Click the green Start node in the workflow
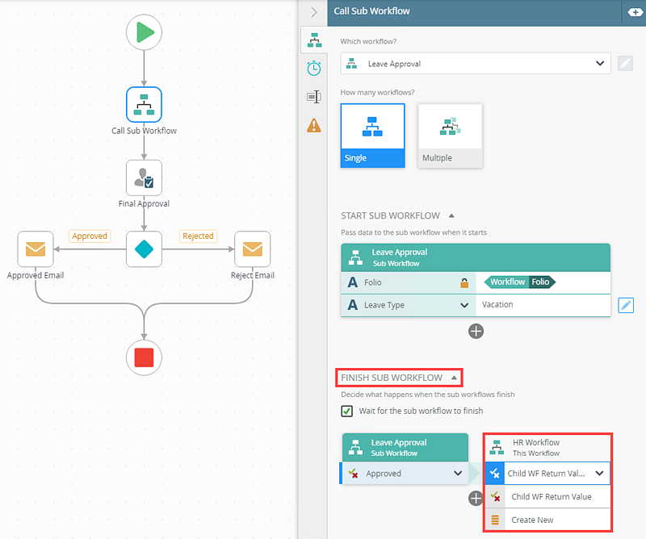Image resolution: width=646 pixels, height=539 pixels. point(145,32)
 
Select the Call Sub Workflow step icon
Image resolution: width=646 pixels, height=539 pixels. point(145,105)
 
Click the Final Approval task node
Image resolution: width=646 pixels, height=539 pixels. point(145,178)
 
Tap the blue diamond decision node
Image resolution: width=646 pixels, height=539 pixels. point(145,249)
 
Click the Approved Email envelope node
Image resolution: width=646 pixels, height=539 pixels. point(36,249)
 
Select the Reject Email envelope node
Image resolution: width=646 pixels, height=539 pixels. point(253,249)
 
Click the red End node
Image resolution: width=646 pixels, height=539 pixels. point(145,357)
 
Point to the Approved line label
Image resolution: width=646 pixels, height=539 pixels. point(90,236)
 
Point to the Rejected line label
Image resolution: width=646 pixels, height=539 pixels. point(198,236)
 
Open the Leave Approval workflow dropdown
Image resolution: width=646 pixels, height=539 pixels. point(475,64)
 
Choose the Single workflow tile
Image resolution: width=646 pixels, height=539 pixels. point(372,135)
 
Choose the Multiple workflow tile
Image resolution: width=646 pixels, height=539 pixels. point(450,135)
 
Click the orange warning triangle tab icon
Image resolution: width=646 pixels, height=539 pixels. point(314,125)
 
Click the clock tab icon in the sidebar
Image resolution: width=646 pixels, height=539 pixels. point(314,68)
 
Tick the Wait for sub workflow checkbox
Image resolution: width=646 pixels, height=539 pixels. point(347,411)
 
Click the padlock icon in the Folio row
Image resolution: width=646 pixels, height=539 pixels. point(464,282)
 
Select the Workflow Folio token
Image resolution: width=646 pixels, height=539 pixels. point(521,282)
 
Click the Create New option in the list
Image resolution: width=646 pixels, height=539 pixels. point(534,520)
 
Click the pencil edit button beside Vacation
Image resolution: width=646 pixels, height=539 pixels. point(626,305)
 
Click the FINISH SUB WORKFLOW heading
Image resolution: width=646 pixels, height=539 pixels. point(392,378)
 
